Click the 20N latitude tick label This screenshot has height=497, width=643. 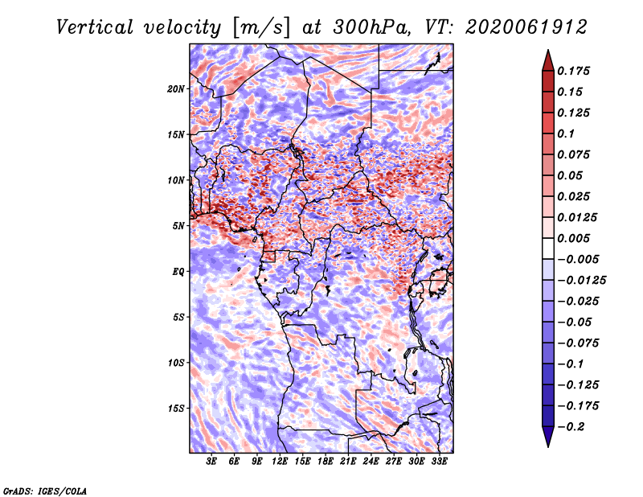point(176,88)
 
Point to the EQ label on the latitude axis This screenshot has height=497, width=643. point(178,272)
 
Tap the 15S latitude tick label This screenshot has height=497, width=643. point(176,409)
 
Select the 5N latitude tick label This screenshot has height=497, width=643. point(178,226)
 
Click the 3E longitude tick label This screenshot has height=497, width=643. point(211,461)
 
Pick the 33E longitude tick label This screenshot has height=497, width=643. point(439,461)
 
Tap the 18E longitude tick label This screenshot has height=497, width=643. point(326,461)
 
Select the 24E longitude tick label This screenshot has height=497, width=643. point(371,461)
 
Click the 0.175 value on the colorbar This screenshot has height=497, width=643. point(573,71)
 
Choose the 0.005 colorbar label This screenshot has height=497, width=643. point(573,238)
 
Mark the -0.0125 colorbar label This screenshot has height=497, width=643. point(581,281)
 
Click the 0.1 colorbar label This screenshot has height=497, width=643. point(566,133)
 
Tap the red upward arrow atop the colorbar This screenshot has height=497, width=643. point(548,60)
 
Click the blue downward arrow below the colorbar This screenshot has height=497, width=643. point(548,437)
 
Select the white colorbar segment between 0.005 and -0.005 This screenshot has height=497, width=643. point(548,249)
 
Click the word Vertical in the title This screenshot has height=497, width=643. point(95,27)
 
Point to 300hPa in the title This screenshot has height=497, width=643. point(371,27)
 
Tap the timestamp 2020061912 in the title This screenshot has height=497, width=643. point(526,27)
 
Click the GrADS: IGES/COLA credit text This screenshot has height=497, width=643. point(45,491)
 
